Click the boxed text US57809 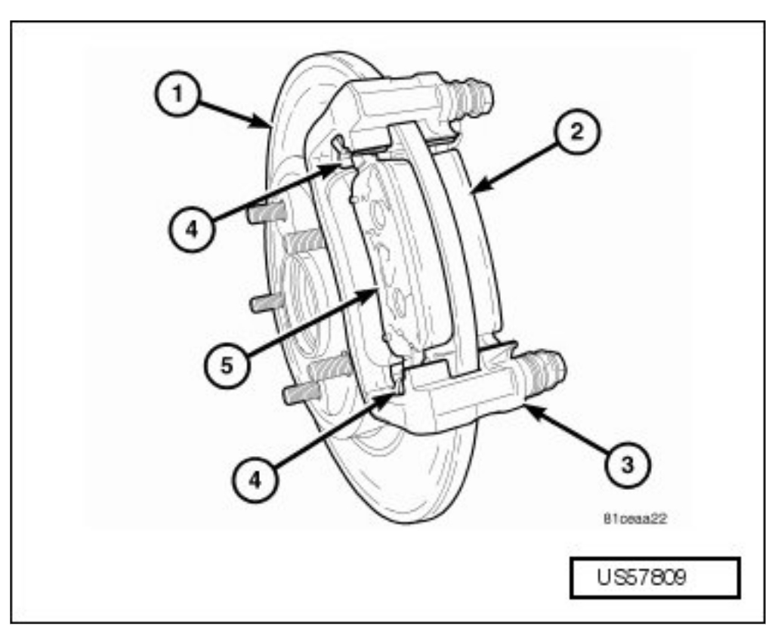click(655, 578)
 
